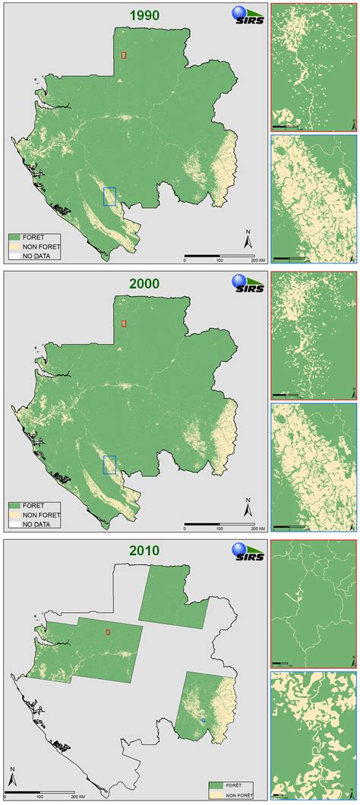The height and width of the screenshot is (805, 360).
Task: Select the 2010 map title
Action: (144, 551)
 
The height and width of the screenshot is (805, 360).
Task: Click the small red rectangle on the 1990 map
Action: (124, 55)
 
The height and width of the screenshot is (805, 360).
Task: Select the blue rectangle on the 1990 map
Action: (109, 196)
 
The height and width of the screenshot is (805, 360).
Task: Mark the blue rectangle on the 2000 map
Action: (109, 465)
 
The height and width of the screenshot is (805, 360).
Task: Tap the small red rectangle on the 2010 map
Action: (108, 631)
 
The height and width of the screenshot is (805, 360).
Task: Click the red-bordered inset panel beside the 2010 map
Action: (313, 601)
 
